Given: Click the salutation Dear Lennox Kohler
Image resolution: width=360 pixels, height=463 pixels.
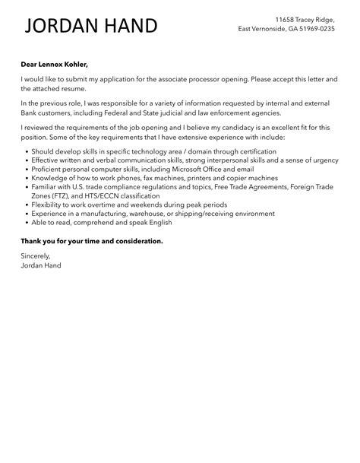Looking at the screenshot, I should (x=60, y=65).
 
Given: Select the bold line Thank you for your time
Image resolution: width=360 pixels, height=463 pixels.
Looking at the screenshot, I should (x=91, y=241).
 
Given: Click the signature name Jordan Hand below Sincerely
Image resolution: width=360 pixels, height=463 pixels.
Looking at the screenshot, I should (x=42, y=265).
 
